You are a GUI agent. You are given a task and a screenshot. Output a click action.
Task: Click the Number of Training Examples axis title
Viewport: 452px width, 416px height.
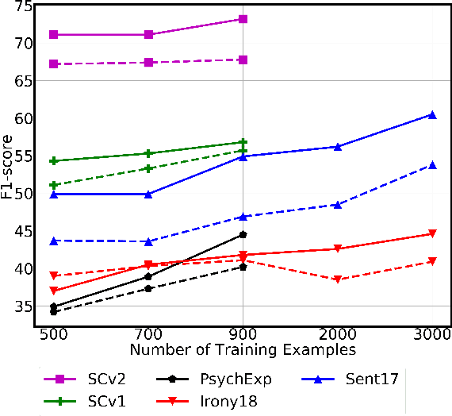tap(243, 349)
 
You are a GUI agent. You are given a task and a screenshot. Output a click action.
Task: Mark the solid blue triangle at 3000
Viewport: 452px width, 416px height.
tap(432, 115)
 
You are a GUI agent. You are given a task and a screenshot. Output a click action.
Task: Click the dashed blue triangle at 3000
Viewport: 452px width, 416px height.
tap(432, 165)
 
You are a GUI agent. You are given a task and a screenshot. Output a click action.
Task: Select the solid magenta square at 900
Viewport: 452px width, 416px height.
tap(243, 18)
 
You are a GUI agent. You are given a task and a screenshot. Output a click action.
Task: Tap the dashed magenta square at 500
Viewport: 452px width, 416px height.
tap(54, 64)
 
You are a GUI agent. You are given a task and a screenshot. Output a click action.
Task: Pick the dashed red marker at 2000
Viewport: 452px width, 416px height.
tap(337, 279)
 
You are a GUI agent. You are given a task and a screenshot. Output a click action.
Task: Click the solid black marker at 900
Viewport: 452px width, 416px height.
tap(243, 235)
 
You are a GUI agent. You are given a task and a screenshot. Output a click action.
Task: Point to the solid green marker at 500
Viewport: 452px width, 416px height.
tap(54, 161)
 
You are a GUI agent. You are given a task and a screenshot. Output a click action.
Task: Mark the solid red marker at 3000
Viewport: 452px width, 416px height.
tap(432, 233)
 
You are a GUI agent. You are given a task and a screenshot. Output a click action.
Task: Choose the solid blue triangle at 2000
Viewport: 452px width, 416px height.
tap(337, 147)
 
